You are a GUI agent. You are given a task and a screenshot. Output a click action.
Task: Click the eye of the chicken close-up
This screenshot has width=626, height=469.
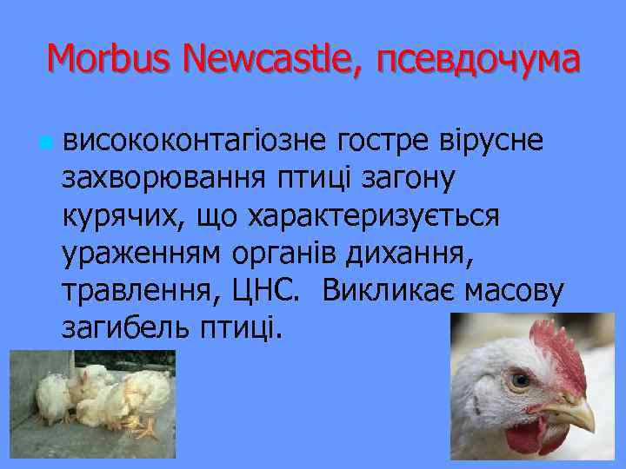click(x=520, y=380)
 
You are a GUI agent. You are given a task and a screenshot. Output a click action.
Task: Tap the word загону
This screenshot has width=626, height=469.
click(x=414, y=180)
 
